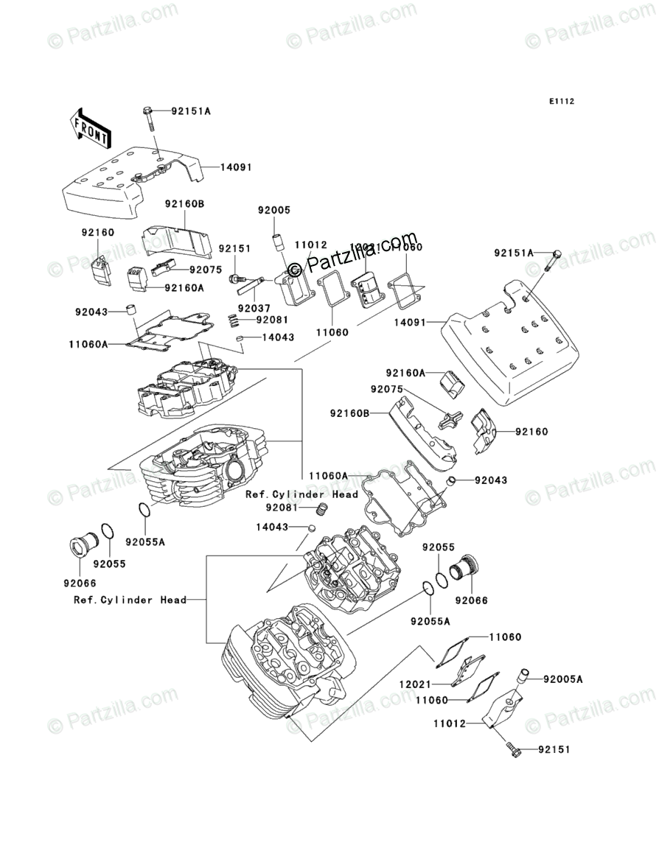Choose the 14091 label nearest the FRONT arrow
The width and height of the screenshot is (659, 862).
point(236,167)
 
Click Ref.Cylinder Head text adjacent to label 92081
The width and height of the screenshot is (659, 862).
point(301,494)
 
